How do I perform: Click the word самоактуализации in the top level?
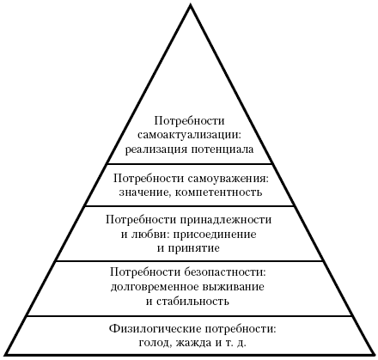[190, 136]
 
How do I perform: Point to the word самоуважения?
[229, 179]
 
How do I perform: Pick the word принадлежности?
[226, 221]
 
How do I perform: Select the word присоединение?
[211, 235]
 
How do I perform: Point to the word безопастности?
[225, 272]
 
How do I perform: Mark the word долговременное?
[155, 287]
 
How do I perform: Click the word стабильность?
[192, 302]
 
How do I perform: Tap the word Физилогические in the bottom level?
[155, 329]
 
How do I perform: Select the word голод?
[155, 343]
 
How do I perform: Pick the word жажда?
[194, 343]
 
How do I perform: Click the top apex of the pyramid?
[190, 4]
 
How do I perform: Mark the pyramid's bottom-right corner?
[374, 355]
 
